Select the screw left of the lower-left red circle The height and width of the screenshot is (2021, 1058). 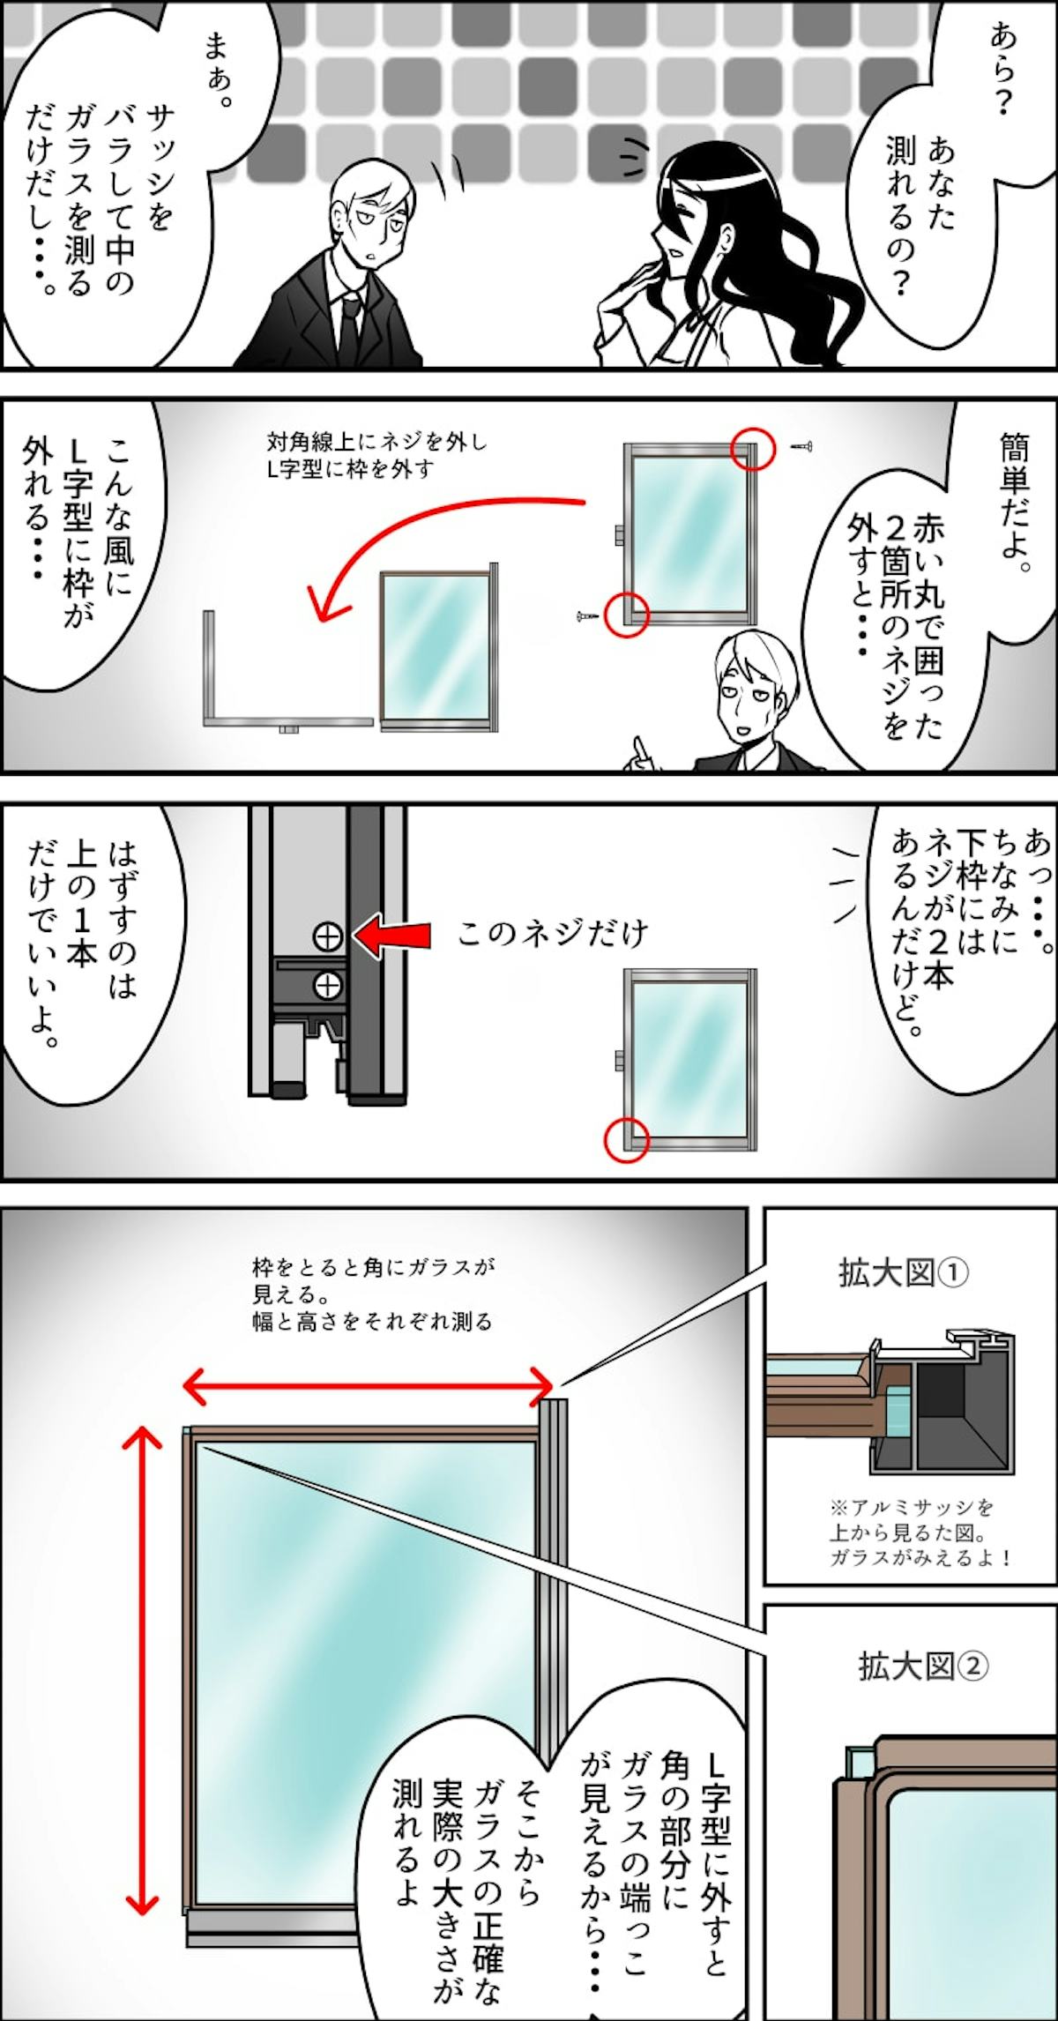[586, 617]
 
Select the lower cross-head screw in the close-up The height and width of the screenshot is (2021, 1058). [328, 984]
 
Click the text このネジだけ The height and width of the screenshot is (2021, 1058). [554, 934]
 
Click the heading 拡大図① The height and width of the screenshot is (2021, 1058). [904, 1272]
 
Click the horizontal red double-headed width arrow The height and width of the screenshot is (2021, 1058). [368, 1385]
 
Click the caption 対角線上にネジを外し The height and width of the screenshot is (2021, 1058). [376, 442]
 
